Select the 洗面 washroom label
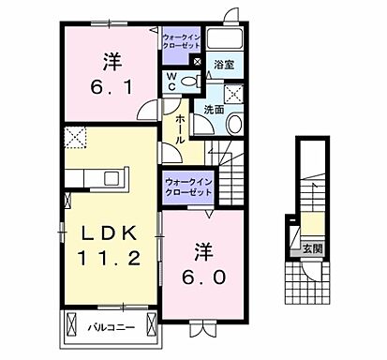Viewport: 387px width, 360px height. pyautogui.click(x=213, y=110)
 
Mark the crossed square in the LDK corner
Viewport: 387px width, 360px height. pyautogui.click(x=75, y=138)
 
